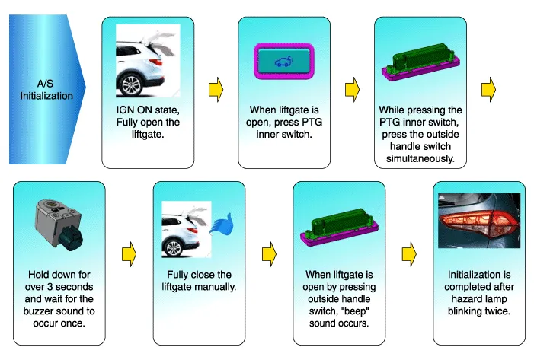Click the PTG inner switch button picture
tap(283, 60)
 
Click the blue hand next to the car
tap(223, 227)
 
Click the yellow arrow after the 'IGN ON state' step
tap(216, 90)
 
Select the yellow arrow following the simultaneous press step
tap(489, 90)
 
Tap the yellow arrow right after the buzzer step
tap(130, 250)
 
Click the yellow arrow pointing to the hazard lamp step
tap(409, 250)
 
